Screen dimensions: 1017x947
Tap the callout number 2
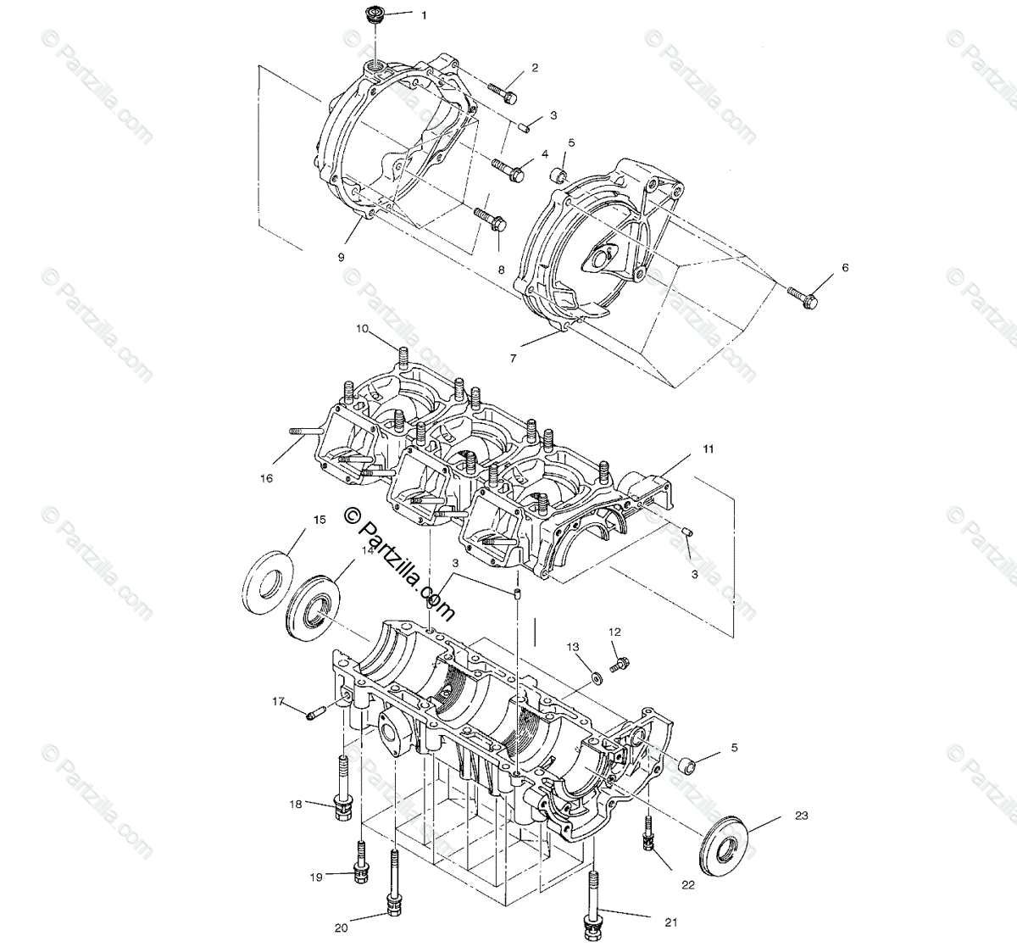point(535,67)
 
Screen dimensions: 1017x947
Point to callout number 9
point(342,256)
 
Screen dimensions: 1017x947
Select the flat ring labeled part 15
point(270,582)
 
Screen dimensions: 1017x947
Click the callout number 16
point(267,478)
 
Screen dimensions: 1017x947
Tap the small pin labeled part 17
point(314,715)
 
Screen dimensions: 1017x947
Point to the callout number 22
point(687,885)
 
